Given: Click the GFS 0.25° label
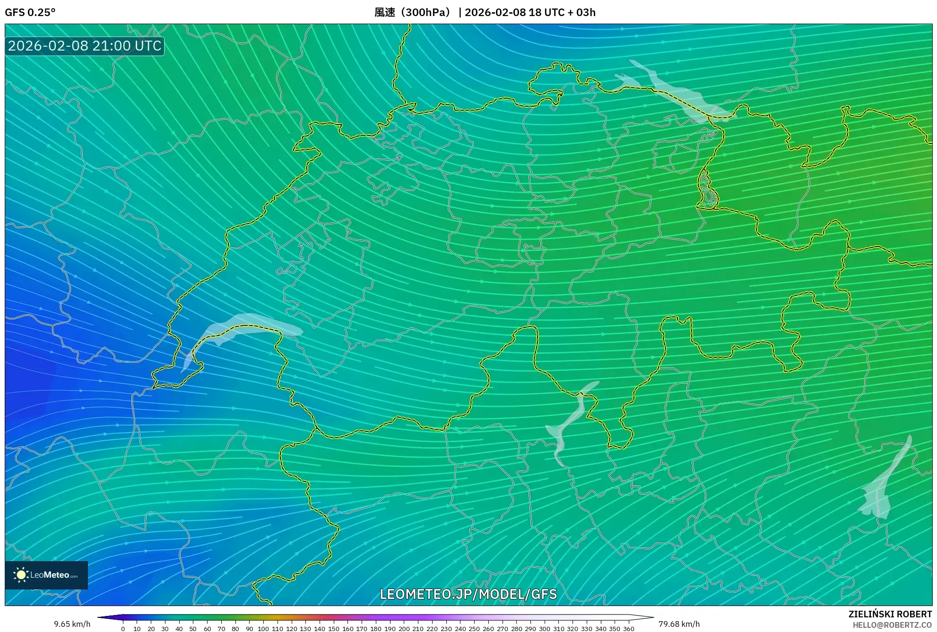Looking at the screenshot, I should (30, 12).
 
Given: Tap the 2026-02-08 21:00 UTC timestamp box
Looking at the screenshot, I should (85, 46).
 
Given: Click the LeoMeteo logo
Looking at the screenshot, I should (46, 575).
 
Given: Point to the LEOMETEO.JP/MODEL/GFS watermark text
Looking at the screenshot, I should (468, 594).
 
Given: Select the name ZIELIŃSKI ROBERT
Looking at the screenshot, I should (890, 614).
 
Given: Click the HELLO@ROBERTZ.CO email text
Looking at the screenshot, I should (892, 625).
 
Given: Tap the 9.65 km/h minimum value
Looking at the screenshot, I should (72, 624).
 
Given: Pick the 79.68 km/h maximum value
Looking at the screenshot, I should (679, 624).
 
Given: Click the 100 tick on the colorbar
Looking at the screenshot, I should (263, 628).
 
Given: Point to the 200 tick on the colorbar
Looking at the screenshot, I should (404, 628).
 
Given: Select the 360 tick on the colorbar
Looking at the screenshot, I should (628, 628).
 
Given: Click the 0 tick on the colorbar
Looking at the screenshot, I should (123, 628).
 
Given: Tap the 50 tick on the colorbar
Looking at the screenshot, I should (193, 628).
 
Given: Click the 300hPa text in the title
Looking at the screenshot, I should (425, 12).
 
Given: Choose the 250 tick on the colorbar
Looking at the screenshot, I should (474, 628).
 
